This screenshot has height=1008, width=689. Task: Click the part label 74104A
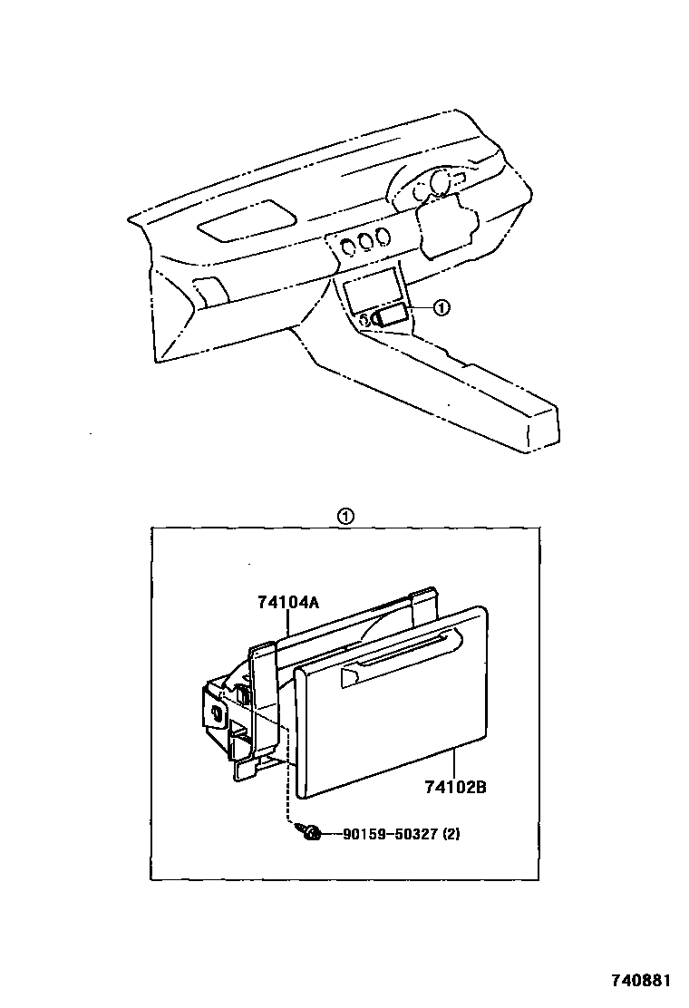tap(288, 603)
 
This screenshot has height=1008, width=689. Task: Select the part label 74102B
tap(455, 786)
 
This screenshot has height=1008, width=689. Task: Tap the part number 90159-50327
tap(390, 835)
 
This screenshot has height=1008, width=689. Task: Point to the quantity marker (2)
tap(451, 835)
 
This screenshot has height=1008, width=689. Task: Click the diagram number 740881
tap(640, 981)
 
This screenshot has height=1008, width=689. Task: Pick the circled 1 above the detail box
tap(345, 516)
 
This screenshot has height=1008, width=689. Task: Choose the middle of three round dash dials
tap(367, 241)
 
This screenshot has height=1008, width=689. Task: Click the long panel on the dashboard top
tap(247, 221)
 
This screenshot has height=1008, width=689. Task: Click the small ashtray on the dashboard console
tap(390, 317)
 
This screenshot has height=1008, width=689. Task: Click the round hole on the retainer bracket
tap(216, 712)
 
